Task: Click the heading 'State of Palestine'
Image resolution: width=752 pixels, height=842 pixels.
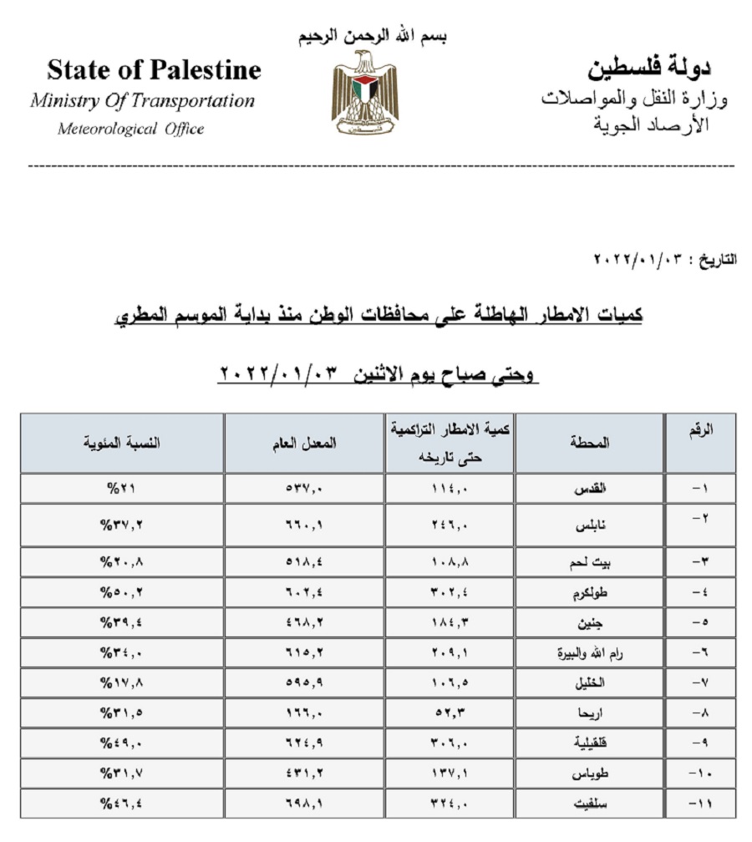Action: pyautogui.click(x=154, y=69)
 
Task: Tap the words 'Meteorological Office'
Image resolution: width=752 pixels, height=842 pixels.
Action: pyautogui.click(x=130, y=129)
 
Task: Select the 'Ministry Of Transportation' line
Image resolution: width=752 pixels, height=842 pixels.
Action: pyautogui.click(x=142, y=101)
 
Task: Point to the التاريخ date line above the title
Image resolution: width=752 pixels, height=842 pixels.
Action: pyautogui.click(x=665, y=259)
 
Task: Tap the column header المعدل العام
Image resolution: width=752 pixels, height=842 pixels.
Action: pyautogui.click(x=304, y=444)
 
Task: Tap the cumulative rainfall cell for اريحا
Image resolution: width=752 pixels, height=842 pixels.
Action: pyautogui.click(x=450, y=714)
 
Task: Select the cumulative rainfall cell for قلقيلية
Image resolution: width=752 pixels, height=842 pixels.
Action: pyautogui.click(x=450, y=744)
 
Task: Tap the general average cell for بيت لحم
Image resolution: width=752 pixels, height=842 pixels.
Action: pyautogui.click(x=304, y=562)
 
